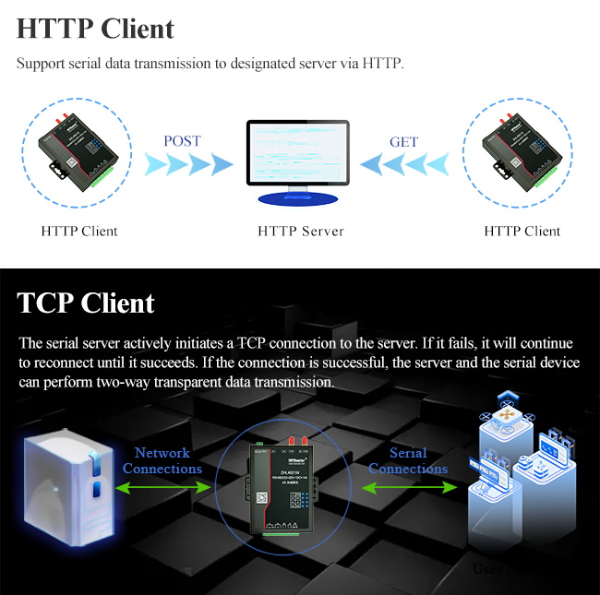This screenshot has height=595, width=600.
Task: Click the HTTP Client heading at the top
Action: pyautogui.click(x=95, y=29)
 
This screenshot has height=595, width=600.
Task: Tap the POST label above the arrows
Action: pyautogui.click(x=182, y=141)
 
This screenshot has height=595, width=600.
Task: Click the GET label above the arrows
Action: pyautogui.click(x=404, y=142)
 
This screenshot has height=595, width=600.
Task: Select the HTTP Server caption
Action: pyautogui.click(x=300, y=231)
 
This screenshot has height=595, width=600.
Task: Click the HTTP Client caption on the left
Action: pyautogui.click(x=79, y=231)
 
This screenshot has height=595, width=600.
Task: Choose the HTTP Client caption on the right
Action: pyautogui.click(x=522, y=231)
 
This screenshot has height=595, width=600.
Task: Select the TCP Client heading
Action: pyautogui.click(x=86, y=303)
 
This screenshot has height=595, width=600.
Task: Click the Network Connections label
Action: pyautogui.click(x=162, y=460)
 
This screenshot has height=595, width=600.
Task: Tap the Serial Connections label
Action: pyautogui.click(x=408, y=460)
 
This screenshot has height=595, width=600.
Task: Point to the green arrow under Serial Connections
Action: pyautogui.click(x=408, y=487)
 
